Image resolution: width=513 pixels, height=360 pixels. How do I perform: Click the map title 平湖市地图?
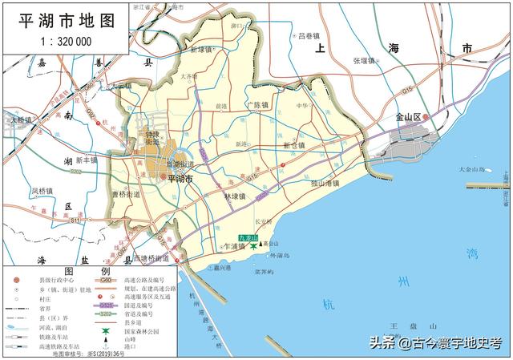point(67,21)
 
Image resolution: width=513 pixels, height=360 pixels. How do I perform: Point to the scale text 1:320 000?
point(67,41)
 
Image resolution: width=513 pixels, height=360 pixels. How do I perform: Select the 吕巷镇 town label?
point(309,36)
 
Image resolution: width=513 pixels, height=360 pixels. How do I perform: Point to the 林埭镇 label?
point(235,196)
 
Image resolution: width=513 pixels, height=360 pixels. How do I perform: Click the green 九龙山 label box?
point(248,239)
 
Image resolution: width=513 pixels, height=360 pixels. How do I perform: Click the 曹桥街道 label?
point(126,194)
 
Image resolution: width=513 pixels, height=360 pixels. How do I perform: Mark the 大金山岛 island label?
point(472,170)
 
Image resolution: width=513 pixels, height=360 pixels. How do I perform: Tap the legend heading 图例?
point(81,271)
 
